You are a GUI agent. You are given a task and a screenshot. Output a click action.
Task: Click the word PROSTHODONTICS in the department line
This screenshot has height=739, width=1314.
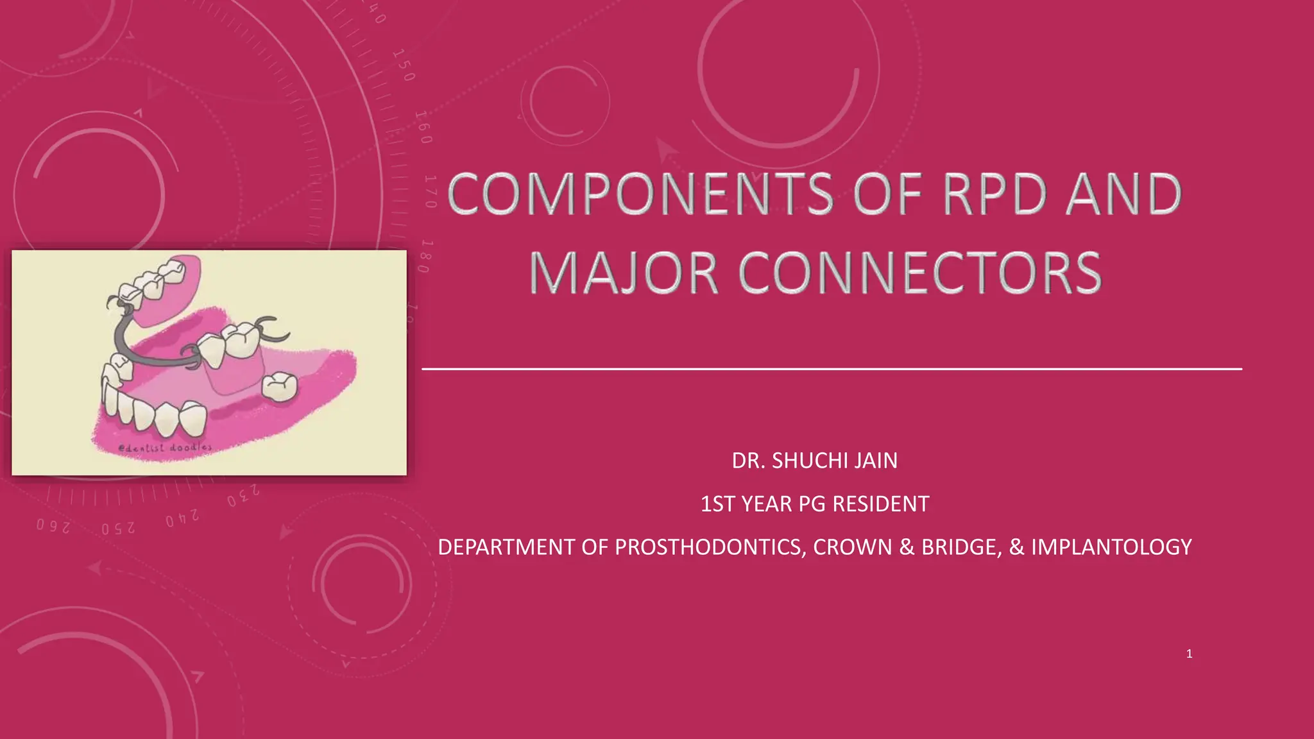(708, 547)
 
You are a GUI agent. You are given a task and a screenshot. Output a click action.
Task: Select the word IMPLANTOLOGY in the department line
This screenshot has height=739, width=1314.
(1111, 547)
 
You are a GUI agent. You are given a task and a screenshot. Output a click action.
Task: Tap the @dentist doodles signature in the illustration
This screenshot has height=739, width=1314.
(166, 447)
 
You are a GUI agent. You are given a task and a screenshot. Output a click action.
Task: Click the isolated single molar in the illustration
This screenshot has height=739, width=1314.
(280, 387)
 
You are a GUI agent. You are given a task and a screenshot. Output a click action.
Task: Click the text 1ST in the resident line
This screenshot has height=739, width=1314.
(717, 504)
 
